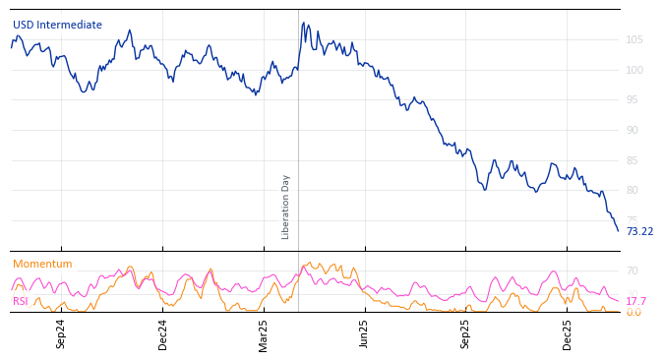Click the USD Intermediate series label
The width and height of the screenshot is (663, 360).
coord(57,26)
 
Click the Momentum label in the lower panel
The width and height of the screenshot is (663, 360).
coord(42,265)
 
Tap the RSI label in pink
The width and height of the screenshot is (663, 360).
coord(21,302)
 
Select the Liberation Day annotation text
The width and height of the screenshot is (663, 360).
coord(286,207)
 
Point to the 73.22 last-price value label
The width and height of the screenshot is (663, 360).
coord(639,232)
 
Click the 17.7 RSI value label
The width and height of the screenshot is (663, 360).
coord(635,302)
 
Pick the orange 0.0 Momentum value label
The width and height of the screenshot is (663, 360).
coord(633,313)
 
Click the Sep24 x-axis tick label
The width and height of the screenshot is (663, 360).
coord(61,333)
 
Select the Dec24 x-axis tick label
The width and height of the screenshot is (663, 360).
coord(163,333)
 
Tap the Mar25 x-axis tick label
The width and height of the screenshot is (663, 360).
coord(264,333)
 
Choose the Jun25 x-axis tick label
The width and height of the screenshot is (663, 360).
coord(365,333)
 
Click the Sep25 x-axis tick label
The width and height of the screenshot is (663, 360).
coord(466,333)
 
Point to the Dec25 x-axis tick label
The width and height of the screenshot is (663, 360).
coord(568,333)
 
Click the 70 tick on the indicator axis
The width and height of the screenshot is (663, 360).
coord(633,271)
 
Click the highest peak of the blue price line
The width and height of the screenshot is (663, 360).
coord(305,23)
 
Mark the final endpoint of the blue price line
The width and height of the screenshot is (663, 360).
coord(618,231)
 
